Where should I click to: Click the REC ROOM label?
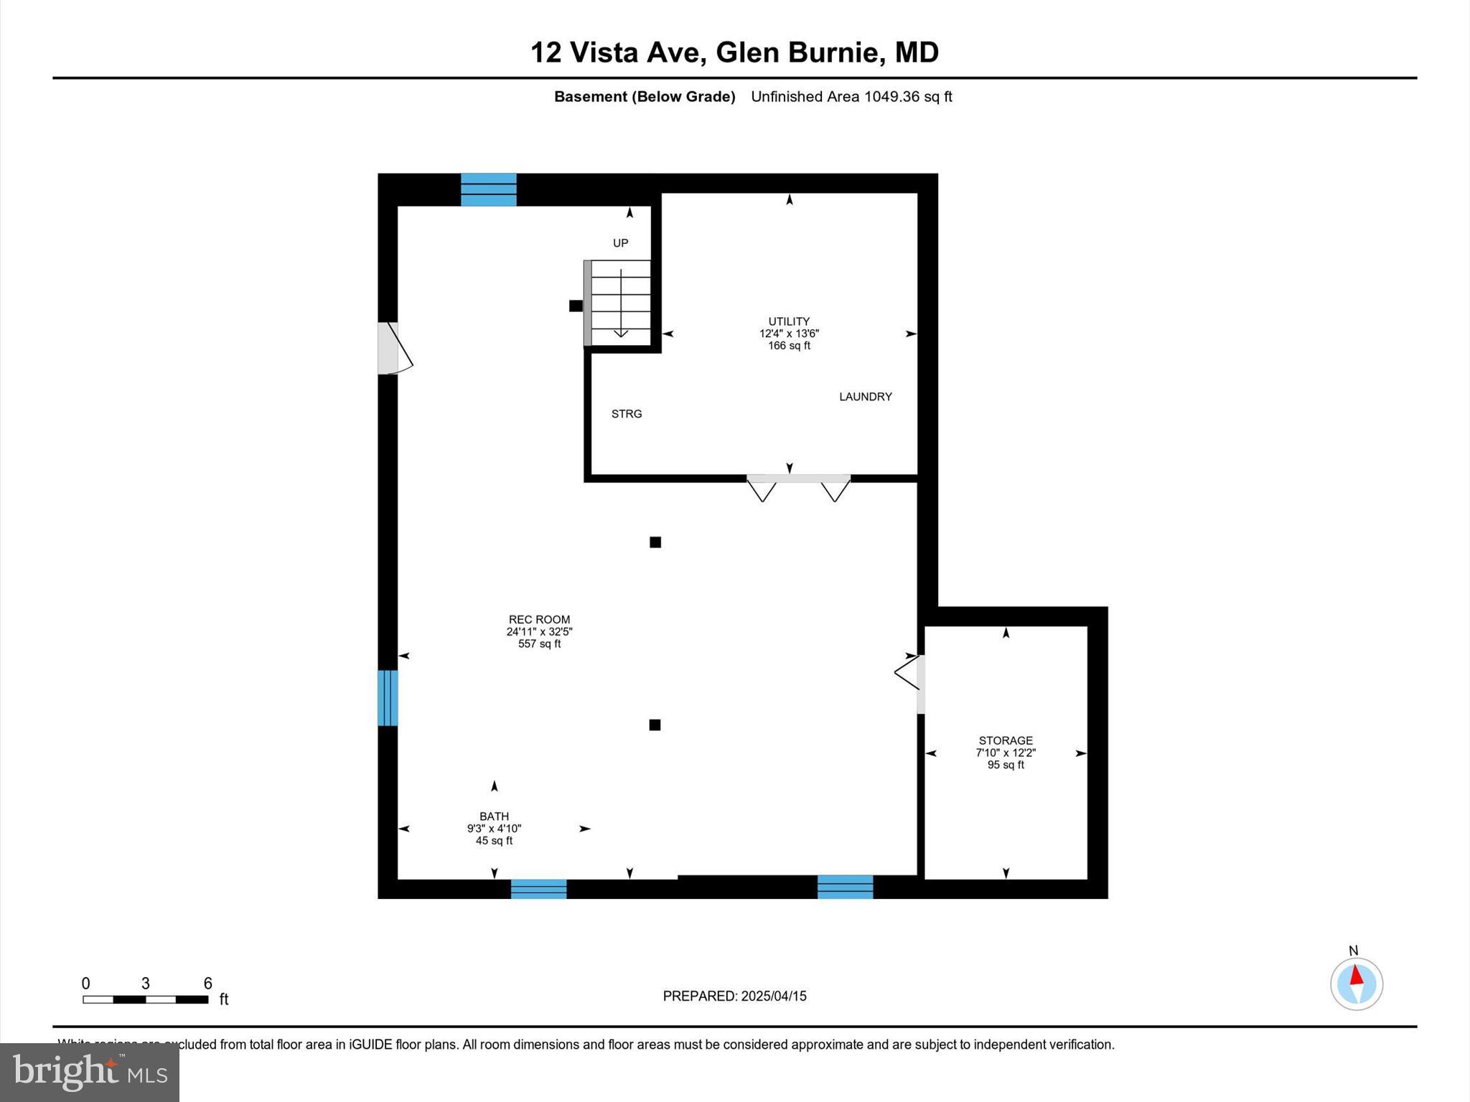tap(539, 620)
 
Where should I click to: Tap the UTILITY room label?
tap(789, 321)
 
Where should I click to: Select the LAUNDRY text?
tap(865, 397)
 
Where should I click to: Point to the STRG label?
tap(626, 414)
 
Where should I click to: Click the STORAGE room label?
tap(1005, 740)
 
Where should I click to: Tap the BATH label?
tap(494, 816)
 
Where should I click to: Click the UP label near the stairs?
tap(620, 243)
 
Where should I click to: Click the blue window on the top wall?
tap(488, 189)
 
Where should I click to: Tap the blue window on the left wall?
tap(388, 697)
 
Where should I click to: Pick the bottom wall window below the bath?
tap(538, 889)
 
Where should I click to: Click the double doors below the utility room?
tap(798, 486)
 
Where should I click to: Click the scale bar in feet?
tap(146, 999)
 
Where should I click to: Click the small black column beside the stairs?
tap(576, 306)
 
